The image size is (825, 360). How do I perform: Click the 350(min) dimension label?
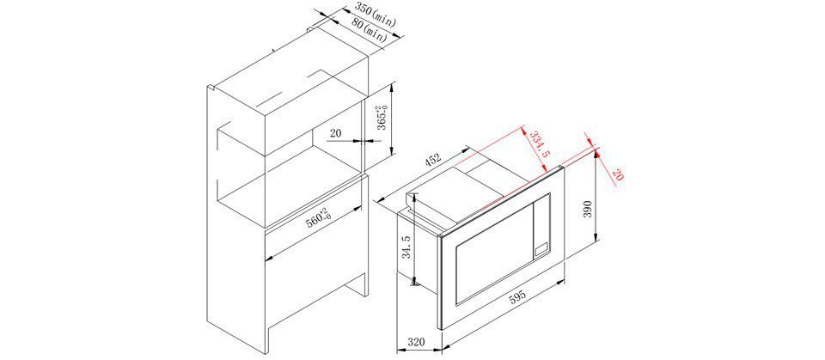coord(375,15)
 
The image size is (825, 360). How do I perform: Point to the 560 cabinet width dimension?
coord(318,218)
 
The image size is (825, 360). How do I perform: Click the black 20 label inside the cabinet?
coord(335,133)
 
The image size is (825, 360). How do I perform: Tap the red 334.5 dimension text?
coord(538,145)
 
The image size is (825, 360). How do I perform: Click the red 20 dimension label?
coord(616,175)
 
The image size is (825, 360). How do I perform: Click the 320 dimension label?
coord(416,342)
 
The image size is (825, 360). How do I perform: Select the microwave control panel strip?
coord(542,227)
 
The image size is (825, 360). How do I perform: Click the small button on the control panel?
coord(541,249)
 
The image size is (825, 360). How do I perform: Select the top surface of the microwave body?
coord(474,190)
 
